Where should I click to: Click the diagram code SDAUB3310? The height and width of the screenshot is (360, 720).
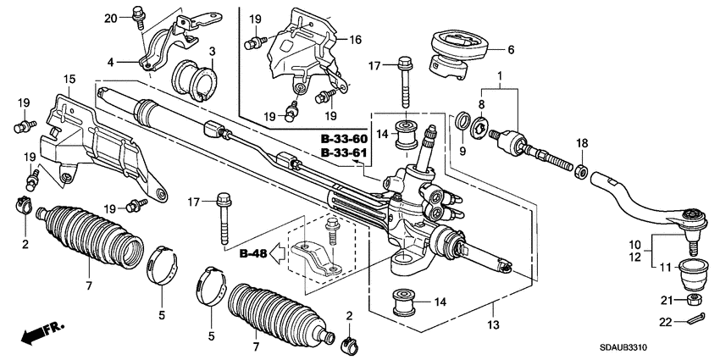tap(656, 348)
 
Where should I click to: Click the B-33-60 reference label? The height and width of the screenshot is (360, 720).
tap(343, 138)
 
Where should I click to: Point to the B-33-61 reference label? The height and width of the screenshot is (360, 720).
tap(343, 152)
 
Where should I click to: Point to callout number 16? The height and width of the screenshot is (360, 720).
tap(354, 40)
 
